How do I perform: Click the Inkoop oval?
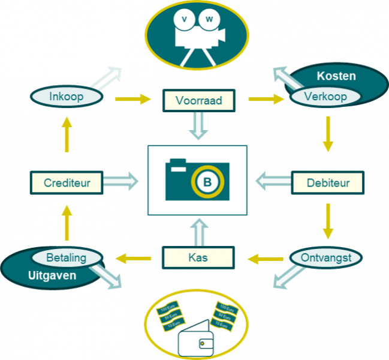66,97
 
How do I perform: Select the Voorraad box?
199,100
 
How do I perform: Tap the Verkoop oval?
325,97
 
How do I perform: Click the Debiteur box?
327,182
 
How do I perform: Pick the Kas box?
198,258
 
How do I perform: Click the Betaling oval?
66,257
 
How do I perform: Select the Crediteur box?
67,182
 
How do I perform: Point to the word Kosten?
336,76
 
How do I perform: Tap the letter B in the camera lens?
207,182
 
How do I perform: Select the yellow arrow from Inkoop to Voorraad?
133,99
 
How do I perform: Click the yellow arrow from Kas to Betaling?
133,258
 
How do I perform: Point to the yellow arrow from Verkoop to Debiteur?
327,134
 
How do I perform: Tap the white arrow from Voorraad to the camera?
198,127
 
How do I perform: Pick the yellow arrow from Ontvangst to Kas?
264,259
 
